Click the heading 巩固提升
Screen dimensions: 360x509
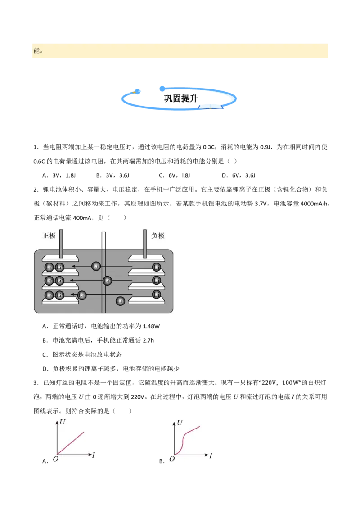(180, 98)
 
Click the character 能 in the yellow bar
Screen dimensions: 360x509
(37, 50)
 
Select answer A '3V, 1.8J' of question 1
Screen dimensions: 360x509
(59, 175)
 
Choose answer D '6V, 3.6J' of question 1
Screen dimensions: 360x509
(239, 175)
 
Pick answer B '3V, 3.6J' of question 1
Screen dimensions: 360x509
(112, 175)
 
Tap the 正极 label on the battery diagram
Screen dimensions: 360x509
(49, 236)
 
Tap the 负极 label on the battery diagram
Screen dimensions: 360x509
(158, 236)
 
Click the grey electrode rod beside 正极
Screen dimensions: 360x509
(61, 244)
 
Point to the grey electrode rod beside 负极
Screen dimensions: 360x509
(145, 244)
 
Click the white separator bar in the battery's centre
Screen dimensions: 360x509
(103, 272)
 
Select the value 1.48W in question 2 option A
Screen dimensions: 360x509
(151, 326)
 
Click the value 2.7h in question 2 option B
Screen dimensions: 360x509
(148, 340)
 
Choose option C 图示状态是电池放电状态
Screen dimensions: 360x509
(82, 354)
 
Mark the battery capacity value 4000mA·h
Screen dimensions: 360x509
(314, 204)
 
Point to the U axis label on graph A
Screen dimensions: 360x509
(63, 422)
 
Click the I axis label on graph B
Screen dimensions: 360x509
(211, 456)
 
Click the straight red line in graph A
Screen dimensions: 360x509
(71, 443)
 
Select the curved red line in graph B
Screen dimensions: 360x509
(187, 441)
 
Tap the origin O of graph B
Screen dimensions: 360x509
(172, 459)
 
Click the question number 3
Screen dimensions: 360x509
(36, 383)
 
